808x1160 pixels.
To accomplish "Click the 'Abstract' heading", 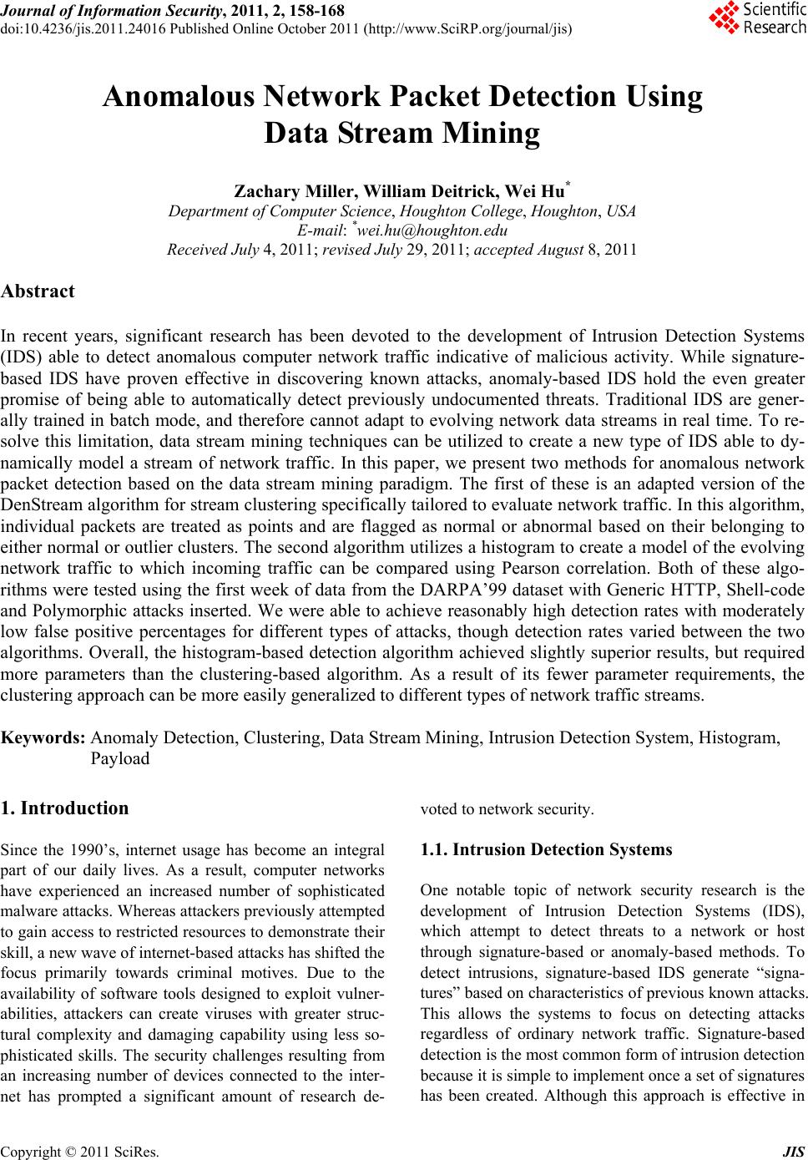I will coord(38,291).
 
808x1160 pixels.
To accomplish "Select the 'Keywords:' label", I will coord(43,737).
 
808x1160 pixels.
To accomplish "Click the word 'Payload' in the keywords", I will coord(119,758).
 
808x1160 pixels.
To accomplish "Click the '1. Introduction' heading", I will coord(66,808).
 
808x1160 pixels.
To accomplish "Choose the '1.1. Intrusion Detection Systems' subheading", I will coord(546,849).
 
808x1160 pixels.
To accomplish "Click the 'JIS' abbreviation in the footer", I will coord(796,1151).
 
